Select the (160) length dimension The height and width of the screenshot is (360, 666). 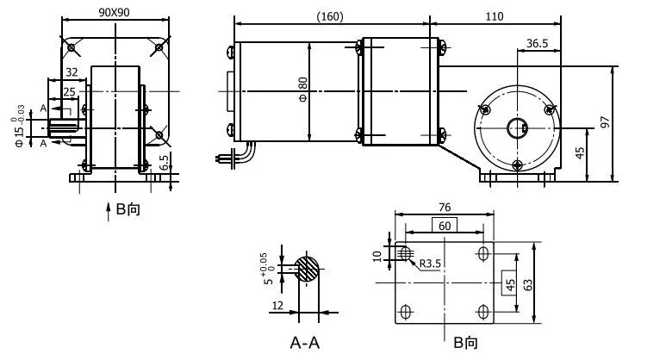click(333, 16)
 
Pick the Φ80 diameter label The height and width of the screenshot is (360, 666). click(302, 87)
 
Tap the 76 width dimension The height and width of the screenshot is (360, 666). click(445, 207)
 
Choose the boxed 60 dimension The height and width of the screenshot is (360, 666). click(445, 225)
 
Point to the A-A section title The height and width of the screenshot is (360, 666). click(306, 343)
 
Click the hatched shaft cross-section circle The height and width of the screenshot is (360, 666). click(307, 269)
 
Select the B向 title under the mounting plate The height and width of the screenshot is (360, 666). click(465, 343)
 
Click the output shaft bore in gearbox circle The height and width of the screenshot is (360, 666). click(517, 127)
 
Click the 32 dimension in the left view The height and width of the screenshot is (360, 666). click(72, 73)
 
